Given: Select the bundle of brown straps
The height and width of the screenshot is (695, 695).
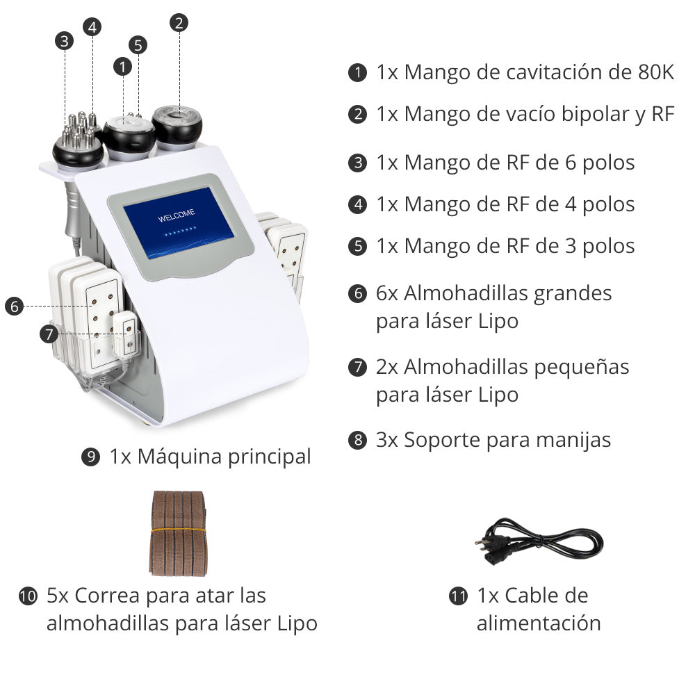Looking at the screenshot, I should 179,533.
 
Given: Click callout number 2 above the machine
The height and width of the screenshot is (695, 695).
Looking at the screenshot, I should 179,23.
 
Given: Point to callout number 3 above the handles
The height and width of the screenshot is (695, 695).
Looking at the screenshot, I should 65,41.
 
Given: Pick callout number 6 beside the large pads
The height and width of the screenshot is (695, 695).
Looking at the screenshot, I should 14,306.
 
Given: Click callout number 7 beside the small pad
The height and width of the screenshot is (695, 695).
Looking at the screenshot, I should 48,334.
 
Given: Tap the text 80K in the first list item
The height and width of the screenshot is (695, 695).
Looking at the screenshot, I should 655,72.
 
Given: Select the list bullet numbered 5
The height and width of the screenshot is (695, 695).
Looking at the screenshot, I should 357,246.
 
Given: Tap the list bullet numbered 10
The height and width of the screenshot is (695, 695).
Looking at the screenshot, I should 28,596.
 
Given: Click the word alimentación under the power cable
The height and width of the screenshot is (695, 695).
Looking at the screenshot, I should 539,623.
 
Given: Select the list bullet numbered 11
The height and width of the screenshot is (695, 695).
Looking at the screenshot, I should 459,596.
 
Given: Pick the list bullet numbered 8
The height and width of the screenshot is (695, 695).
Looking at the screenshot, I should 357,440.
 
